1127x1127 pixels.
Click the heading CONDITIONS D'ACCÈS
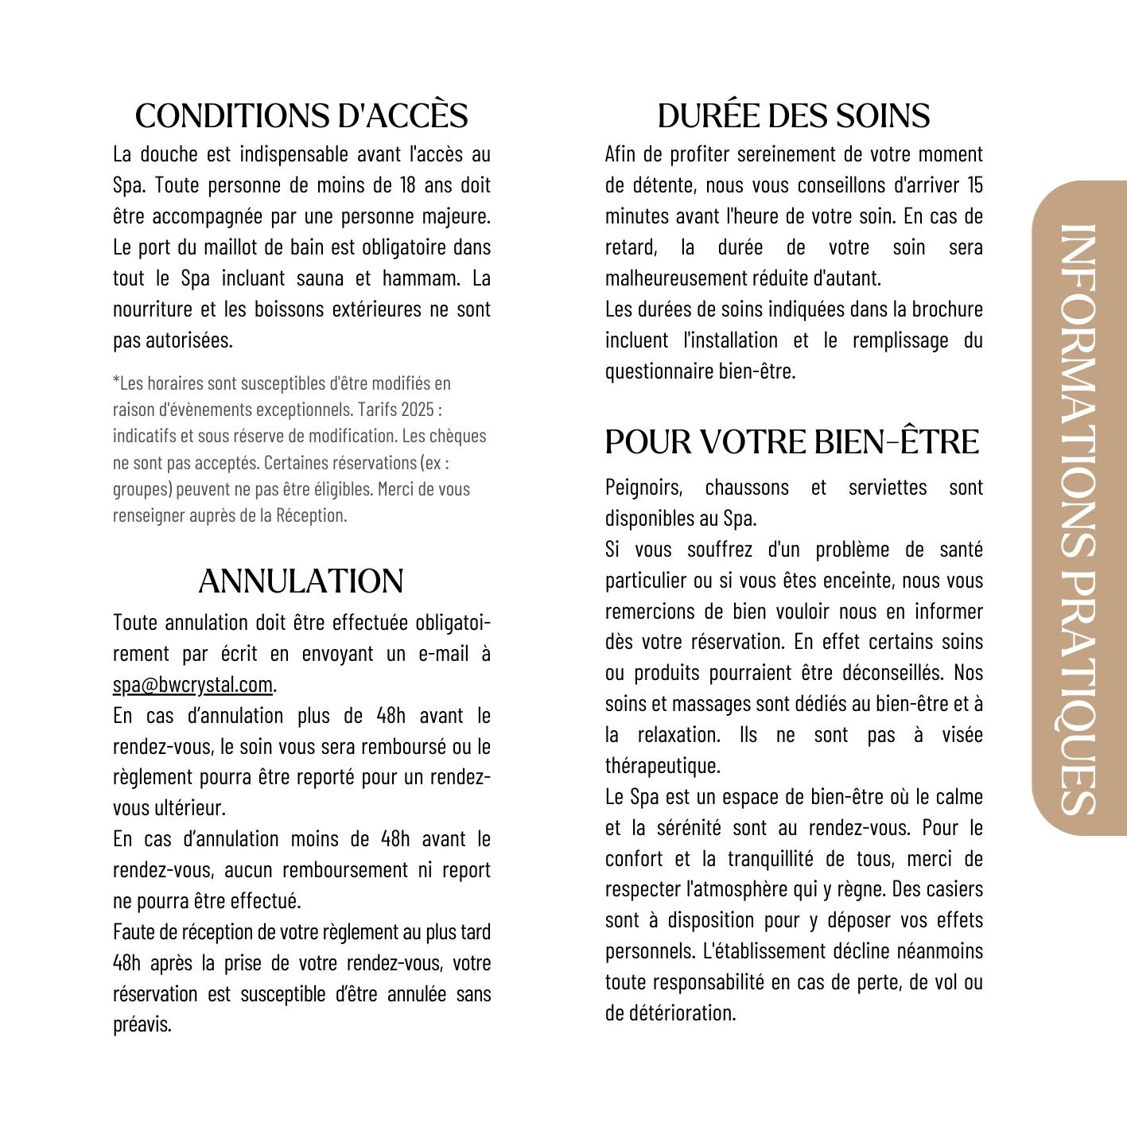point(301,116)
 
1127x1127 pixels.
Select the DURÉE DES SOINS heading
point(793,116)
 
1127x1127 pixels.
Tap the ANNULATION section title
point(301,581)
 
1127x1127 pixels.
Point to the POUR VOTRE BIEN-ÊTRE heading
point(791,442)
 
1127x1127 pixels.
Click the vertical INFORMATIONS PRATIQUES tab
point(1078,509)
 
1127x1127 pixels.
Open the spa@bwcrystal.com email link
point(193,685)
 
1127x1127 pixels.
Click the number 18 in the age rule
point(406,185)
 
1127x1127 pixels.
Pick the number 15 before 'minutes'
point(975,185)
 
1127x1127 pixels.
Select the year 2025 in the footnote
point(418,410)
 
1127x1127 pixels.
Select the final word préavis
point(142,1025)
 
